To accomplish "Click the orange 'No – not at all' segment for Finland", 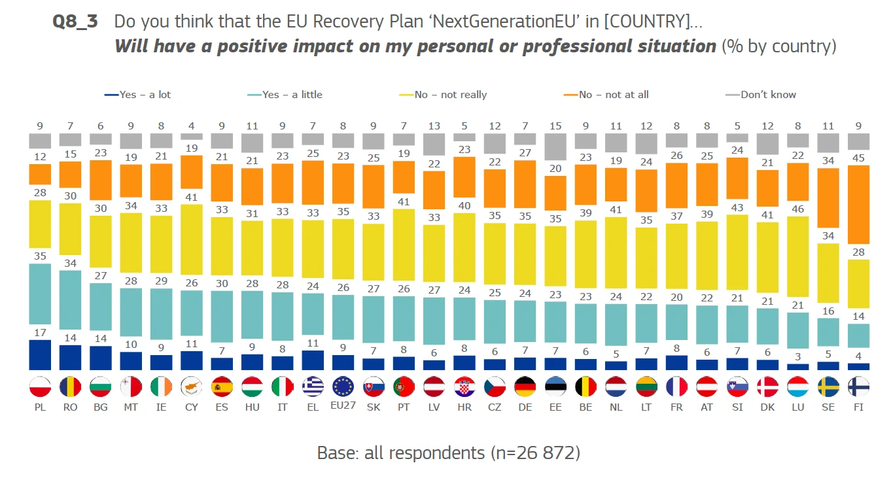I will coord(858,204).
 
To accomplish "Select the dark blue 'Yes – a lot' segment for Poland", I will coord(41,355).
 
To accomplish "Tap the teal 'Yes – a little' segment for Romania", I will coord(71,300).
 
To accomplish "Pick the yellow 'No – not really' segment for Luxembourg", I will coord(797,256).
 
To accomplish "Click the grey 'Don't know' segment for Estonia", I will coord(555,147).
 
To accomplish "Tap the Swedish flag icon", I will coord(828,387).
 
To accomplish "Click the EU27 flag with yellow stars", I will coord(343,387).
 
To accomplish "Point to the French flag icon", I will coord(676,387).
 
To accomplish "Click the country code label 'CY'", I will coord(191,407).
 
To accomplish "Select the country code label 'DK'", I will coord(767,407).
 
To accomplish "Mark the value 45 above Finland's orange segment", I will coord(858,157).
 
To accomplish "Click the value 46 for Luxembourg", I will coord(797,208).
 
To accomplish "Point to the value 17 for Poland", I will coord(41,332).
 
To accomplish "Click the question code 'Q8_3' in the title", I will coord(75,22).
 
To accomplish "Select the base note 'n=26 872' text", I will coord(533,453).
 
